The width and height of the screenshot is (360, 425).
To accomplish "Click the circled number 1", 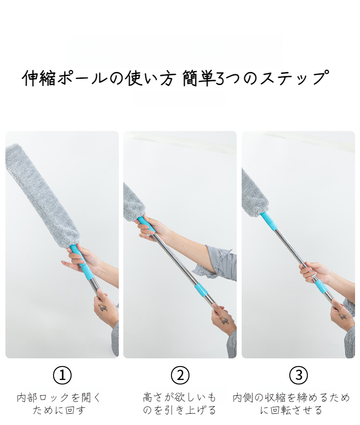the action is [62, 375].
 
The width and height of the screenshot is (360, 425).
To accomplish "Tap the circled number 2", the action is [180, 375].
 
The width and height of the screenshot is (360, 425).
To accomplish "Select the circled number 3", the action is [299, 375].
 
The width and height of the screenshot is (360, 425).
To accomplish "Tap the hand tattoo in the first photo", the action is [103, 307].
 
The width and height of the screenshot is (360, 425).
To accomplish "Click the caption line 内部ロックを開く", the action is [59, 398].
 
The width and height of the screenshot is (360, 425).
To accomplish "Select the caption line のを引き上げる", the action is [180, 410].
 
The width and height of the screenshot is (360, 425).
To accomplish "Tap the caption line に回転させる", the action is [292, 410].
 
